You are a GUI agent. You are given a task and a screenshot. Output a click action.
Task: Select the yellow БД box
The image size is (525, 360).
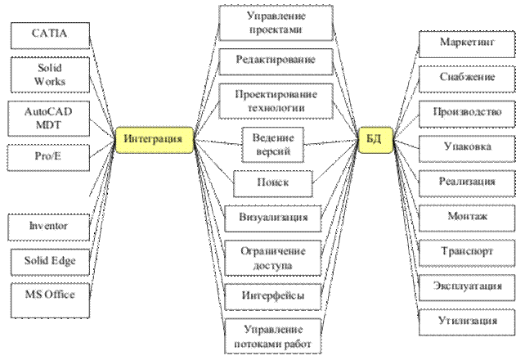click(375, 140)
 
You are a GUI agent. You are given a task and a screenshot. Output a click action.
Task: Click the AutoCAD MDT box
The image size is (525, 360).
click(49, 118)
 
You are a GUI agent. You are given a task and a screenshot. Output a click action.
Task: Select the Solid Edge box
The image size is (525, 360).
click(49, 261)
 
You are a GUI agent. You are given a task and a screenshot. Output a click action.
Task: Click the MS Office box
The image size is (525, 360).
click(49, 295)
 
